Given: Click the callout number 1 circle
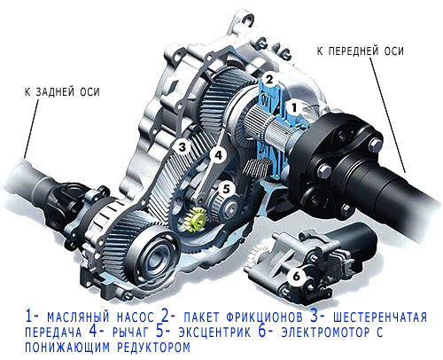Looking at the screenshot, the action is click(x=294, y=108).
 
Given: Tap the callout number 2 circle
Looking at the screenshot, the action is click(x=269, y=80).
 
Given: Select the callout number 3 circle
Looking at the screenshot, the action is click(x=183, y=147).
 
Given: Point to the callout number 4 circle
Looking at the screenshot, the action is click(x=218, y=155).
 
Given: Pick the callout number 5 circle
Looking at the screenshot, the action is click(x=226, y=189).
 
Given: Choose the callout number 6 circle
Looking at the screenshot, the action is click(x=297, y=277).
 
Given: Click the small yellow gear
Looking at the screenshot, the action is click(x=195, y=219).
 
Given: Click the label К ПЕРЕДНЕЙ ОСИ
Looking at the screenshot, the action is click(x=361, y=51).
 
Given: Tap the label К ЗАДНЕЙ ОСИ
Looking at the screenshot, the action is click(x=62, y=92).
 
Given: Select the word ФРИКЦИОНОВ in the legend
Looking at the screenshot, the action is click(x=265, y=317).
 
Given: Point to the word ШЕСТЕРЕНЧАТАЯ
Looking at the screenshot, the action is click(x=380, y=317).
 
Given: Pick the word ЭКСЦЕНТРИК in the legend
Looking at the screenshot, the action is click(x=214, y=333).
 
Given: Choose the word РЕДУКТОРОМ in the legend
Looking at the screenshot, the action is click(x=153, y=348).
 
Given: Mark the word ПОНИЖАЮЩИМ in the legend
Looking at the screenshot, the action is click(x=67, y=348).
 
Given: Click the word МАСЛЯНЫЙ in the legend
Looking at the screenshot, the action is click(x=78, y=317).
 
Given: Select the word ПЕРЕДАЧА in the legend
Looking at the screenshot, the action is click(x=53, y=333).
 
